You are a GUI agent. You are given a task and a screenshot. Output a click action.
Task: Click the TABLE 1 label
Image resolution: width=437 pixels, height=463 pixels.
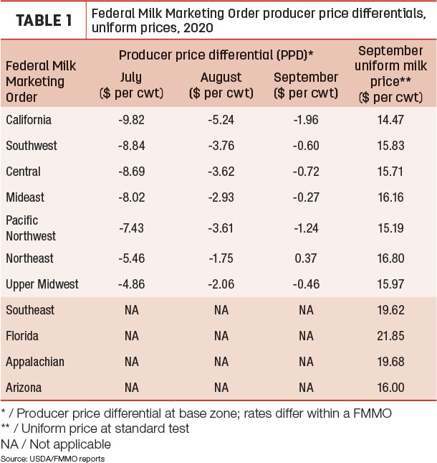click(x=44, y=21)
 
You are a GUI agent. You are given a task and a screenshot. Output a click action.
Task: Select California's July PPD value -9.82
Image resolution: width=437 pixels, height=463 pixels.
click(x=131, y=120)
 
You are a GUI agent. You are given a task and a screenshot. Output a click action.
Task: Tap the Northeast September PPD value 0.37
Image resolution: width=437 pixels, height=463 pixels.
click(x=306, y=258)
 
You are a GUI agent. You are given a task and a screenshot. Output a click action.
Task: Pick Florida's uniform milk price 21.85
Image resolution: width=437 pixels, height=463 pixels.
click(x=390, y=336)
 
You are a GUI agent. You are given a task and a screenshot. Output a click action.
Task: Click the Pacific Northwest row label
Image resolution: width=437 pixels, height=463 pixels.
click(x=31, y=228)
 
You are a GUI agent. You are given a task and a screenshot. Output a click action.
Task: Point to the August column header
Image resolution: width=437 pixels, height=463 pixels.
click(x=221, y=85)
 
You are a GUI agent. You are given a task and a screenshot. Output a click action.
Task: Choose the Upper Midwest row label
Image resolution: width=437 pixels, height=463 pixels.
click(x=42, y=284)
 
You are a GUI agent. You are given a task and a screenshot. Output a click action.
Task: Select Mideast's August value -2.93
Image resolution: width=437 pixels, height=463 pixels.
click(x=221, y=197)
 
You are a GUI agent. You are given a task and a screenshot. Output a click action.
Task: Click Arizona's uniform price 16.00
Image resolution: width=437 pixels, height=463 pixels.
click(x=390, y=388)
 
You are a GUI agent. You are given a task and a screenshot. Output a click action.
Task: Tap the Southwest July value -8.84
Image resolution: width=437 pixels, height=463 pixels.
click(x=131, y=146)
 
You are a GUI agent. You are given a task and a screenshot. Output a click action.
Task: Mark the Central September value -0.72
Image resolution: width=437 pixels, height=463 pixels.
click(x=306, y=172)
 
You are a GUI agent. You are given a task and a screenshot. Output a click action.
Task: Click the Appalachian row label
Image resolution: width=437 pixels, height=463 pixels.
click(x=35, y=362)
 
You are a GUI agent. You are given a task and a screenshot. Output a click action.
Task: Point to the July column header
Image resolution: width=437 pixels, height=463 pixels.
click(x=131, y=85)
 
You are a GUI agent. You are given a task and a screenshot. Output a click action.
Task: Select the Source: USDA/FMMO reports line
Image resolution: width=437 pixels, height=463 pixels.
click(x=53, y=459)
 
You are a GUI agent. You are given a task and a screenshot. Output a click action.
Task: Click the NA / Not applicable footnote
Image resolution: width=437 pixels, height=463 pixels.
click(x=56, y=444)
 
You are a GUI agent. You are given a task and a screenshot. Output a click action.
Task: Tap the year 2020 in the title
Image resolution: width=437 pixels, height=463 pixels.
click(x=198, y=28)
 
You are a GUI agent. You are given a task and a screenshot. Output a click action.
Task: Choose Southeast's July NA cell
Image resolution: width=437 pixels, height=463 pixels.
click(x=131, y=310)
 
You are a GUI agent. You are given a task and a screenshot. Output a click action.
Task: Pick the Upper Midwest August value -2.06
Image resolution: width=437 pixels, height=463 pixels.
click(x=221, y=284)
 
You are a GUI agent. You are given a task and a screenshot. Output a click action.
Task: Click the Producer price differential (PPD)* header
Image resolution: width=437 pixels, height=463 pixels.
click(x=216, y=55)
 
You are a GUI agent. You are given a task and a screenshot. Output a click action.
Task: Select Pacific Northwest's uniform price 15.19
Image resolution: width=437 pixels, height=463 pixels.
click(x=390, y=228)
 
